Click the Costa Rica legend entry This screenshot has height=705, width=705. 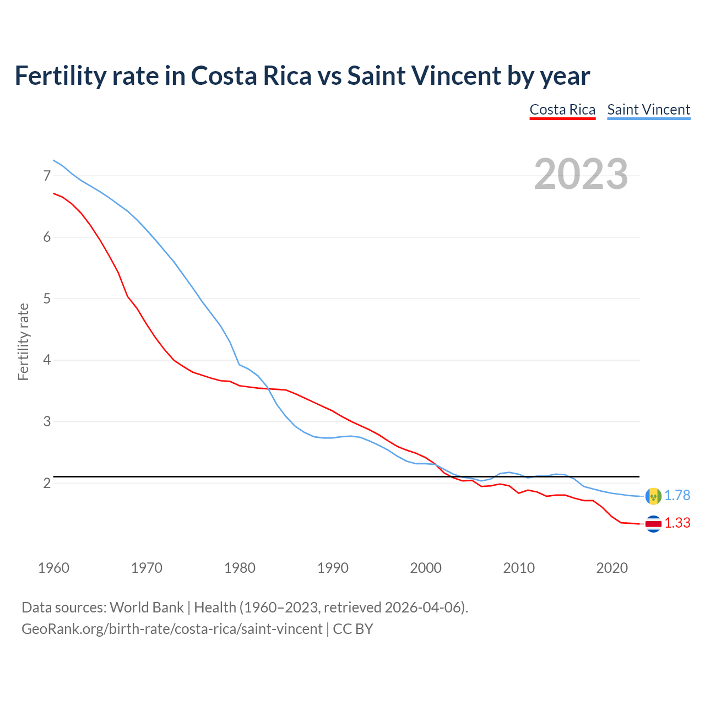(x=562, y=110)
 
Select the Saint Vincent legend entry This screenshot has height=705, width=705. (x=648, y=110)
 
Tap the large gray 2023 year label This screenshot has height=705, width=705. (x=581, y=174)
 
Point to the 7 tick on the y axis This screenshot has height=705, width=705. (x=47, y=176)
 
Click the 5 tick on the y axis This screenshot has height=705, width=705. (x=47, y=299)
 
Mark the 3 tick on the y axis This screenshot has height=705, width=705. (x=47, y=422)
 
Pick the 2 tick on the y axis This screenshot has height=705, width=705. (x=47, y=484)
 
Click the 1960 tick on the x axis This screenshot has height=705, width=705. (x=53, y=568)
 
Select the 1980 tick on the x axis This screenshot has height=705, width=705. (x=240, y=568)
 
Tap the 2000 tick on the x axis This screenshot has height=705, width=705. (x=426, y=568)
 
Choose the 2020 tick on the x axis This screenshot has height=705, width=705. (x=612, y=568)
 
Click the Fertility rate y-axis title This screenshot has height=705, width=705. (x=23, y=341)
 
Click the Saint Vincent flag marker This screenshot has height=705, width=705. (x=653, y=496)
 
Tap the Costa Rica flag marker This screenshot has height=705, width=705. (x=653, y=524)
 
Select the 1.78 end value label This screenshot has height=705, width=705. (x=677, y=496)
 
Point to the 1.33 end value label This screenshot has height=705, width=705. (x=677, y=523)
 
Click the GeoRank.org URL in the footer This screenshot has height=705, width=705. (x=172, y=629)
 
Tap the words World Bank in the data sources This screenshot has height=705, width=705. (x=147, y=608)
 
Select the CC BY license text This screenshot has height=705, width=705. (x=353, y=629)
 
